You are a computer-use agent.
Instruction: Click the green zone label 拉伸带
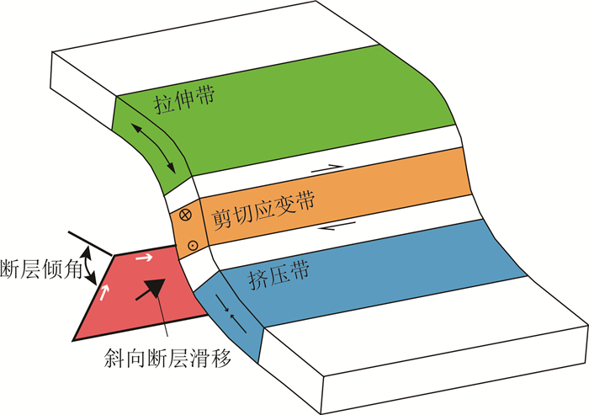coord(184,102)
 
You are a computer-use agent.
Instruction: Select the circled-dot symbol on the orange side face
coord(192,245)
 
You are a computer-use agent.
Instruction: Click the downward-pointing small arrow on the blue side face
coord(220,302)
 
